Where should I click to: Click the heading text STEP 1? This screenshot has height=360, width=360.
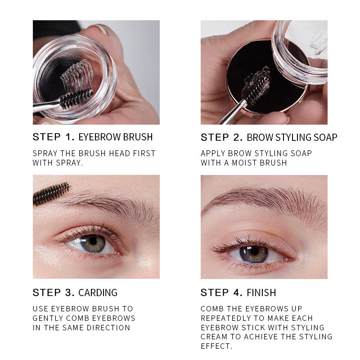tap(54, 137)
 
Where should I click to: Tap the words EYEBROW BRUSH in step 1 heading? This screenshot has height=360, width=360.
tap(116, 137)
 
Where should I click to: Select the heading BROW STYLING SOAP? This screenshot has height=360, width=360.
tap(292, 137)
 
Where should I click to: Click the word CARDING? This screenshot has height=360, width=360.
tap(98, 293)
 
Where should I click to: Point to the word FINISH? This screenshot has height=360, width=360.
tap(261, 293)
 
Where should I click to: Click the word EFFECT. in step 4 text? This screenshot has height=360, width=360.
tap(216, 346)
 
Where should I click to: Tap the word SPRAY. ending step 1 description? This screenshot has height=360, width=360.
tap(69, 163)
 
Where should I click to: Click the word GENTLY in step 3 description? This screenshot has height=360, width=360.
tap(48, 318)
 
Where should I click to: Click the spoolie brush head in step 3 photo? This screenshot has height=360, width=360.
tap(51, 193)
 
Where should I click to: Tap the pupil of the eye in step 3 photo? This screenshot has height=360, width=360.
tap(93, 241)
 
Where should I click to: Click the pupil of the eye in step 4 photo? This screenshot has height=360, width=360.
tap(254, 252)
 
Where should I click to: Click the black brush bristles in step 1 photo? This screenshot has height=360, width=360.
tap(76, 99)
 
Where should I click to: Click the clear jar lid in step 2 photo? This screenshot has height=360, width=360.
tap(300, 49)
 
